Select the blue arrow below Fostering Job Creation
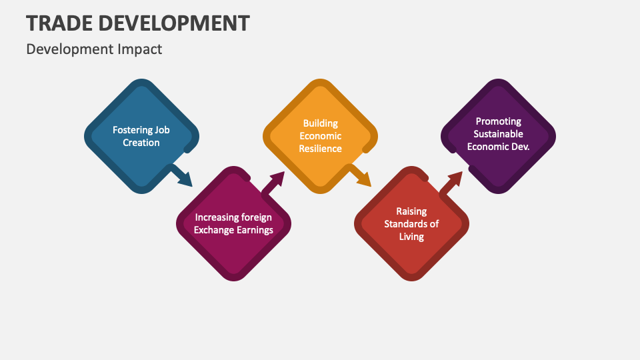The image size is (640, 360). (x=181, y=176)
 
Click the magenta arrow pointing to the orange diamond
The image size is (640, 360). (x=273, y=183)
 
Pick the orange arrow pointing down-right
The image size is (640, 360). (x=360, y=176)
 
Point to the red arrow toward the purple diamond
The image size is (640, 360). (x=451, y=183)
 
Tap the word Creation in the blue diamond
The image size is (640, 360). (x=141, y=143)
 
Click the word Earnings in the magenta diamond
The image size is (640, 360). (x=254, y=230)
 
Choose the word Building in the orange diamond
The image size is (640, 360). (x=321, y=123)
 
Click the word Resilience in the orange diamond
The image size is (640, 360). (x=321, y=149)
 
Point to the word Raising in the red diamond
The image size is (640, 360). (x=411, y=211)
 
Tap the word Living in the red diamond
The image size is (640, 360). (x=411, y=237)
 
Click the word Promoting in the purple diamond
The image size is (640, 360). (x=499, y=121)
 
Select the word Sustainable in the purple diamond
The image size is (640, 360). (x=499, y=134)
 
